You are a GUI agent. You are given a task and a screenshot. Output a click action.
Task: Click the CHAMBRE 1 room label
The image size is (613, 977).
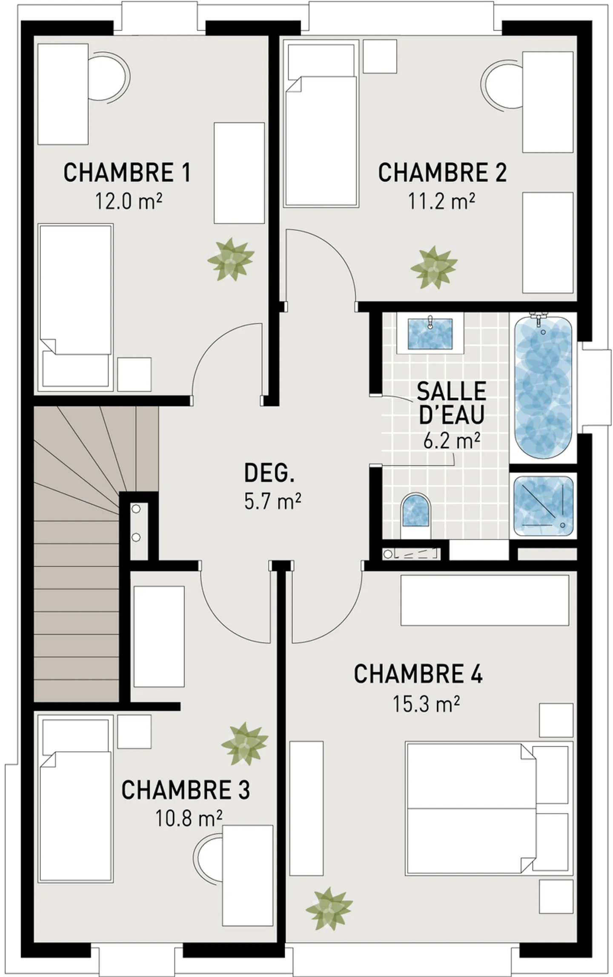coord(127,173)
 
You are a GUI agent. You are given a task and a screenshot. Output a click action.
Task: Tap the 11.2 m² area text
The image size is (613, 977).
coord(441,201)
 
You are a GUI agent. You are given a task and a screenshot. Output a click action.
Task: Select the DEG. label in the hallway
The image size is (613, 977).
coord(269,473)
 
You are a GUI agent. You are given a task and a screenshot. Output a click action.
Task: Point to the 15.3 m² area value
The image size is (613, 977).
coord(426,705)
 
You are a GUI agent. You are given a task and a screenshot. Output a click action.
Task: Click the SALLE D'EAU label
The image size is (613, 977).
coord(451,403)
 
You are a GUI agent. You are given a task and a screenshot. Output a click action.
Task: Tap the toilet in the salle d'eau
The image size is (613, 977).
coord(415,514)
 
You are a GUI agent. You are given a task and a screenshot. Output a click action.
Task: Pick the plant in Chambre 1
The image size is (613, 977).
coord(231,259)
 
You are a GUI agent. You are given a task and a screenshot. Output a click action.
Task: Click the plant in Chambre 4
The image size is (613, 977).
coord(329,909)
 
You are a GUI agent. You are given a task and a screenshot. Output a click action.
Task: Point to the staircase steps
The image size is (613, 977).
coord(77,596)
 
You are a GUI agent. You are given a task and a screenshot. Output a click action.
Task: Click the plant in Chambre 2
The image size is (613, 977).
coord(434,267)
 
